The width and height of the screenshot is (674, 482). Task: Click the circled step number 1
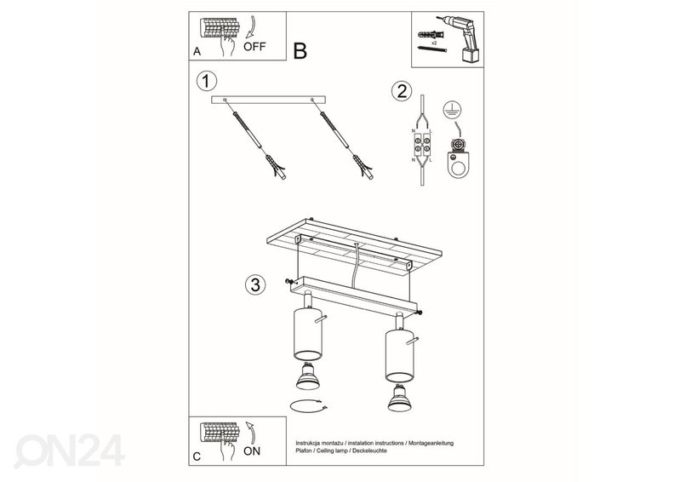click(x=205, y=82)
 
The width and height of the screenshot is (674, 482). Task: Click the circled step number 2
click(x=402, y=91)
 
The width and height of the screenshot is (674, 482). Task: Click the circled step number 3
click(x=253, y=284)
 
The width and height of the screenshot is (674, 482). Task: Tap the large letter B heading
click(x=300, y=51)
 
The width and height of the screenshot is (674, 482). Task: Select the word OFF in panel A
click(x=254, y=48)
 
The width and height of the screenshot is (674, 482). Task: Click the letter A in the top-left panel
click(x=197, y=52)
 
